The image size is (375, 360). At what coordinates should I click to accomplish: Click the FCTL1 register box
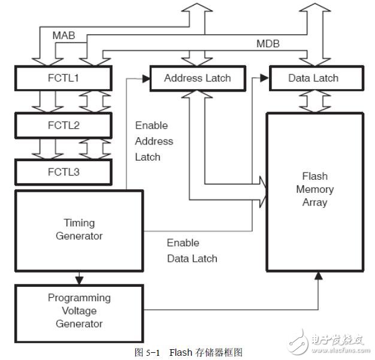63,78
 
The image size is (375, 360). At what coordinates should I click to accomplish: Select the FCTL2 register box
63,126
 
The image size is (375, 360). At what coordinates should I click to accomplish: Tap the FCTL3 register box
63,173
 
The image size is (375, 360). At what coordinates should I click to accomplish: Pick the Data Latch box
313,78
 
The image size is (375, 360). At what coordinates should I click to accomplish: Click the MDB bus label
268,44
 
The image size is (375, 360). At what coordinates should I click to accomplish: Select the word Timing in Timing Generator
79,223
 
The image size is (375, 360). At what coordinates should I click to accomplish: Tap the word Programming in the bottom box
79,298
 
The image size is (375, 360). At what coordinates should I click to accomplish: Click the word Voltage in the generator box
79,311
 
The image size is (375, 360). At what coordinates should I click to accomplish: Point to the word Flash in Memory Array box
314,176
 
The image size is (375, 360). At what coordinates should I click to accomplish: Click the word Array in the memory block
314,202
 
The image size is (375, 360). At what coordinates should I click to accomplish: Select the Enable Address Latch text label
153,141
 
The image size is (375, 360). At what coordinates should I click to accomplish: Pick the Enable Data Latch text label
192,251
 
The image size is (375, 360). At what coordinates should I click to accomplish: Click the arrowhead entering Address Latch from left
145,78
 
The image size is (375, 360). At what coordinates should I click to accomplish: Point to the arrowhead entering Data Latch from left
265,78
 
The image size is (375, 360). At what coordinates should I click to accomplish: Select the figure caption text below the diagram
188,352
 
